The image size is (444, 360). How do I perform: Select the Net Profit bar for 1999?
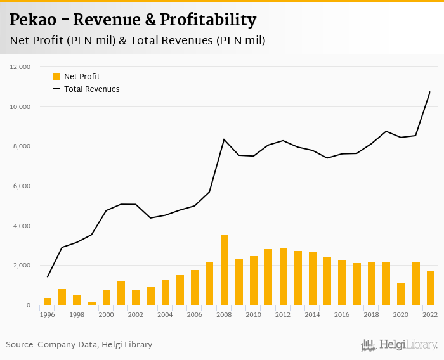[x=92, y=304]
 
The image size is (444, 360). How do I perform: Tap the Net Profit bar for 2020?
[x=401, y=294]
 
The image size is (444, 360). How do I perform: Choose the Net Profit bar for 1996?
[x=48, y=302]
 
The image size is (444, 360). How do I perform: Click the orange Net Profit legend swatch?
[x=56, y=77]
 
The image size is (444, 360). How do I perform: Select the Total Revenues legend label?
[x=91, y=89]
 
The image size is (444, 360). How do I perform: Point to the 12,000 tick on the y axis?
[x=21, y=67]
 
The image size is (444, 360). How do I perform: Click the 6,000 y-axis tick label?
[x=22, y=186]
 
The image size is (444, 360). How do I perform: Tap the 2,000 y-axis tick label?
[x=22, y=266]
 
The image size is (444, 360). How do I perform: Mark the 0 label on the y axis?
[x=29, y=305]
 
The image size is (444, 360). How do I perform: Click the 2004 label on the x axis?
[x=166, y=314]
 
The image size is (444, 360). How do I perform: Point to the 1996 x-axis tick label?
[x=48, y=314]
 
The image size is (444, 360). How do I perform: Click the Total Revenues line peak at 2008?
[x=225, y=139]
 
